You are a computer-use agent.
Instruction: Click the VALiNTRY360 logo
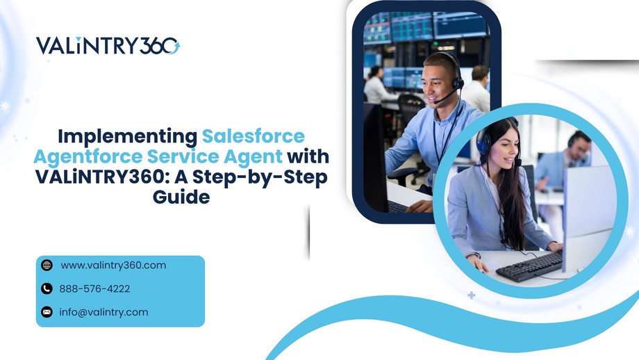pos(108,46)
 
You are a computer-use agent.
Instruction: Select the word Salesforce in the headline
pos(253,136)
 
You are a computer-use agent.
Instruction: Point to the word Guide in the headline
pos(181,197)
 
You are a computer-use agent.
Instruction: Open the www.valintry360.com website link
pos(113,265)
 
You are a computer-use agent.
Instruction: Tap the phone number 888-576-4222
pos(94,288)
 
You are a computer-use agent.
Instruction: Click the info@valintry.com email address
pos(103,312)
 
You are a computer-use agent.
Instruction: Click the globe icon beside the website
pos(47,265)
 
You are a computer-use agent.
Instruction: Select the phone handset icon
pos(47,288)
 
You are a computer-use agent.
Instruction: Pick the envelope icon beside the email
pos(47,312)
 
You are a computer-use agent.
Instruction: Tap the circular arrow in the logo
pos(172,46)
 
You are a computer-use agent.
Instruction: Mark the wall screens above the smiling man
pos(424,28)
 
